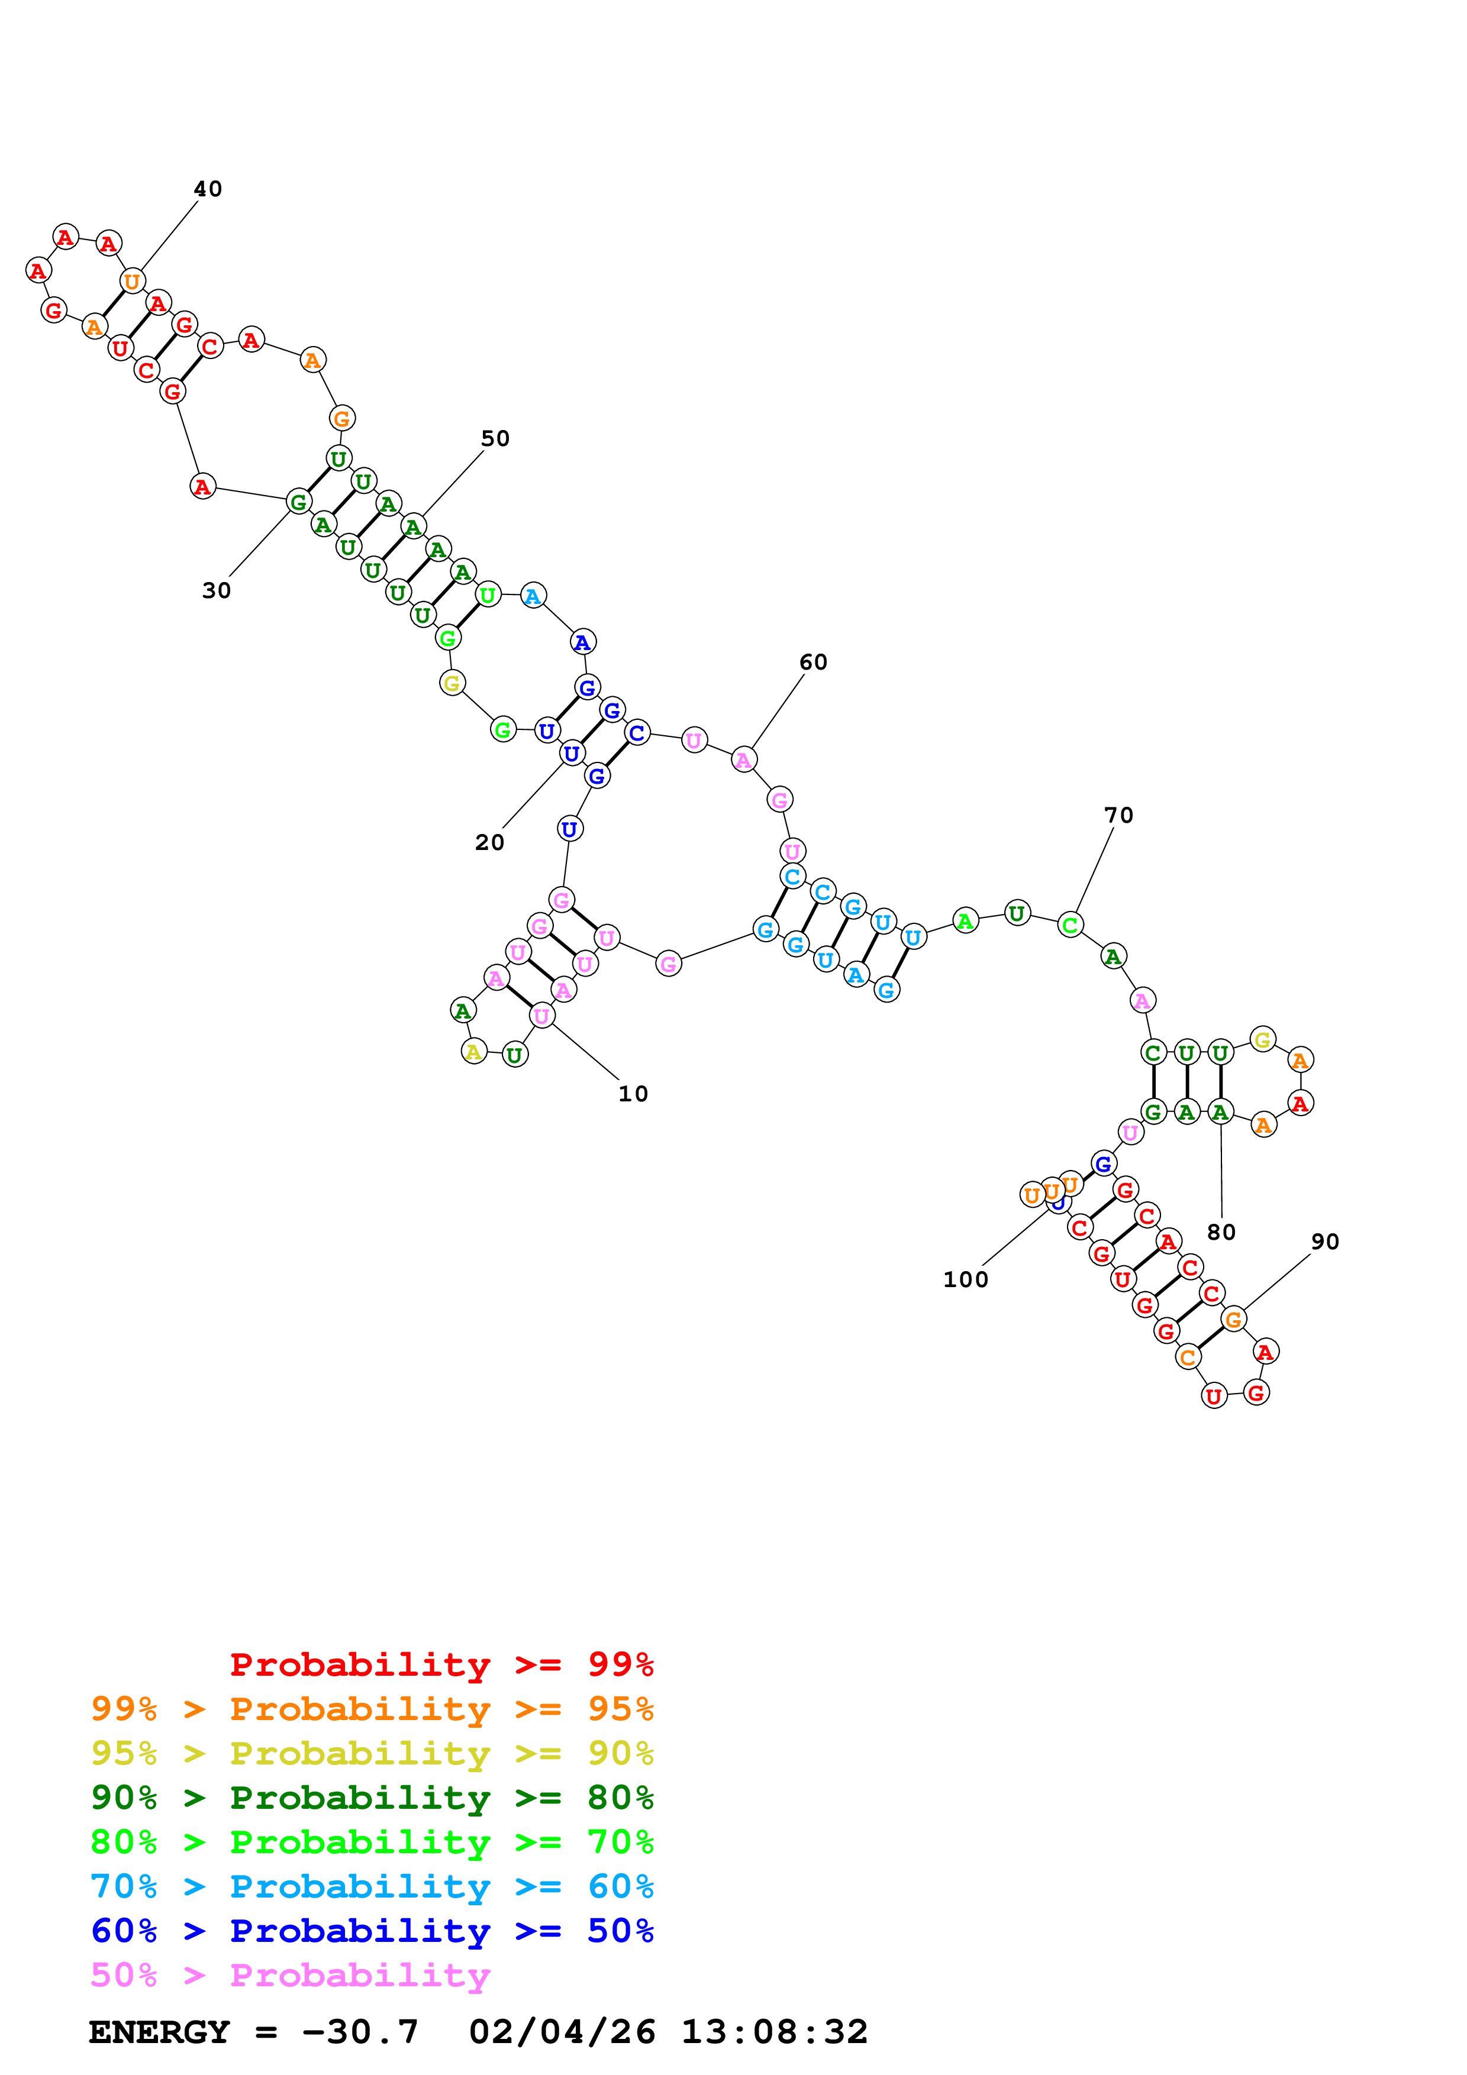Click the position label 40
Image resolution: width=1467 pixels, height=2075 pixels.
tap(207, 189)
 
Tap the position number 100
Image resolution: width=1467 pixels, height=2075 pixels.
tap(965, 1279)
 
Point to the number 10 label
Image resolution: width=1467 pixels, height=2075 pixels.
tap(633, 1094)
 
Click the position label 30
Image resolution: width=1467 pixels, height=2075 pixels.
tap(216, 590)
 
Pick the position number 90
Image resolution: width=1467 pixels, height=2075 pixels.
tap(1324, 1242)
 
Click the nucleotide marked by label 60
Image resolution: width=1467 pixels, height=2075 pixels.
tap(743, 760)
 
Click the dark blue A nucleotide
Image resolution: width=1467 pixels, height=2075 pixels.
tap(583, 642)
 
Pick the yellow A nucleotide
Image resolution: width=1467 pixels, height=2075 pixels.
tap(473, 1051)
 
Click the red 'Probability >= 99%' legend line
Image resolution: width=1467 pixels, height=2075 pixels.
tap(441, 1664)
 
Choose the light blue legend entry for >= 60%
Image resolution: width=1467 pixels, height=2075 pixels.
tap(372, 1886)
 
